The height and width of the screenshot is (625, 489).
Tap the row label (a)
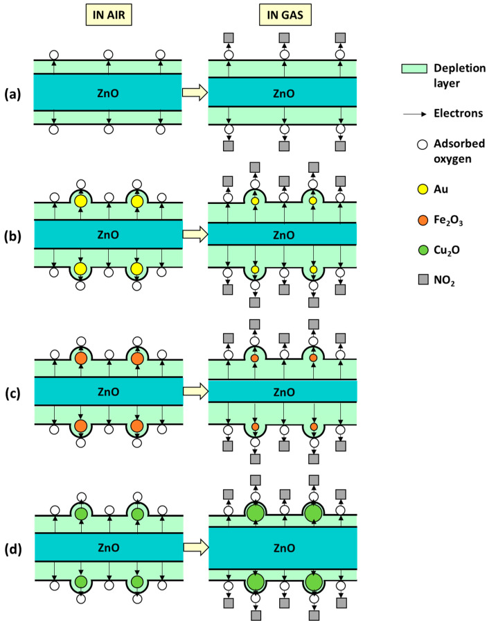click(15, 92)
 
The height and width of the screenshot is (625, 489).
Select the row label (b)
click(15, 234)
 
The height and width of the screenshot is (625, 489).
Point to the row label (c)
click(15, 393)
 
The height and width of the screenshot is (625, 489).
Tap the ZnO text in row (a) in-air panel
click(107, 92)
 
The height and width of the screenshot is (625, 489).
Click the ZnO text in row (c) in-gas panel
click(283, 392)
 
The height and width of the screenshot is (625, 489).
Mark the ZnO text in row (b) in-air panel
click(107, 234)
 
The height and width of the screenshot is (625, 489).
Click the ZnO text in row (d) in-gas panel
click(283, 547)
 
